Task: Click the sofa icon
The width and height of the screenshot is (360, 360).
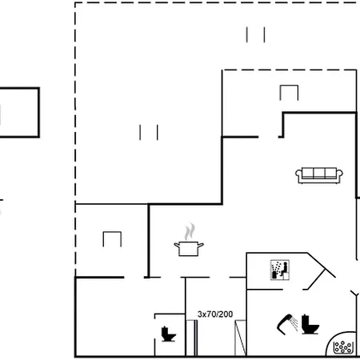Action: point(319,175)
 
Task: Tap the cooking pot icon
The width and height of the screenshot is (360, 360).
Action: point(189,249)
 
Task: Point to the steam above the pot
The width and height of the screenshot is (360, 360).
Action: point(190,231)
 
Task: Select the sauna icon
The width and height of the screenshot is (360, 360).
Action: point(280,270)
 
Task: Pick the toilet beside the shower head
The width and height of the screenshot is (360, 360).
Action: point(310,324)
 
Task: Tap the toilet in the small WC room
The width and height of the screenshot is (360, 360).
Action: point(168,334)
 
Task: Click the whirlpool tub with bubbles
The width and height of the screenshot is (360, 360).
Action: point(342,346)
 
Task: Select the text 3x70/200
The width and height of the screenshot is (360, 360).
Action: point(215,314)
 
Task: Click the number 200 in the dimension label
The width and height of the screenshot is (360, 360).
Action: point(226,314)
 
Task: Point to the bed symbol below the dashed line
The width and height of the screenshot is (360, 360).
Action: point(289,93)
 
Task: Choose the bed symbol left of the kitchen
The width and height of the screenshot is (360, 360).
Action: point(112,239)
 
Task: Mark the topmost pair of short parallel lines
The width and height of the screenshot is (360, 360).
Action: point(255,34)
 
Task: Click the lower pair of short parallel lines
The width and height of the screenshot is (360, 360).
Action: point(149,132)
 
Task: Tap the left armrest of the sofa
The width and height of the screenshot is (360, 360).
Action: point(298,174)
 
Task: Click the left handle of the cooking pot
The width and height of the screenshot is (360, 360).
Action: point(177,245)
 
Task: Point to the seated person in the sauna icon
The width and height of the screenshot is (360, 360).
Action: point(284,269)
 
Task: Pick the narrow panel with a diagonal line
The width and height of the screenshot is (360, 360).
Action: point(240,338)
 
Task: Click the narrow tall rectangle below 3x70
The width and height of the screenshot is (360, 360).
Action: point(192,338)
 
